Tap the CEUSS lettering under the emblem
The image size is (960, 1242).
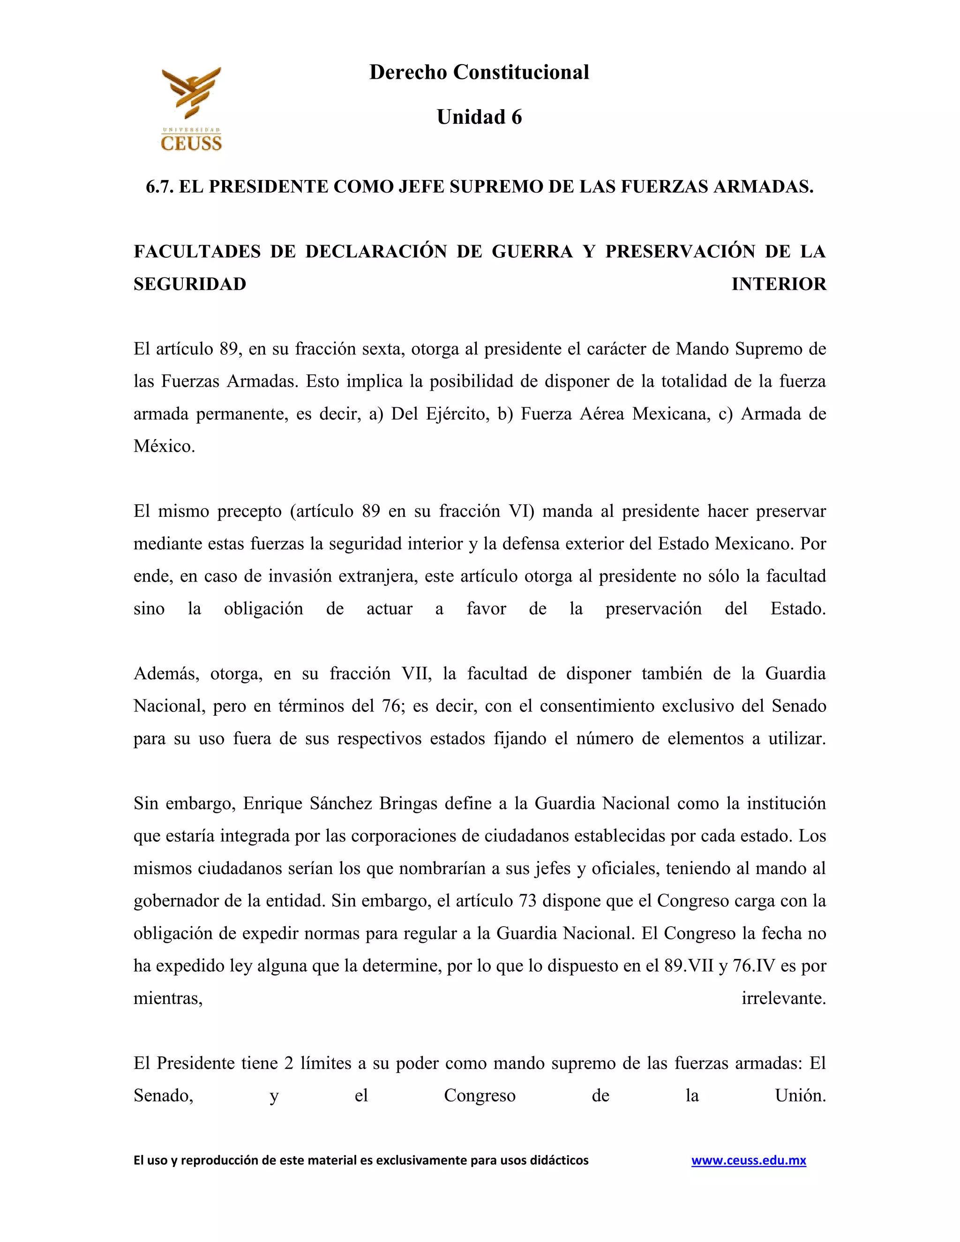[x=191, y=143]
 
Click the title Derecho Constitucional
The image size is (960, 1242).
[x=479, y=72]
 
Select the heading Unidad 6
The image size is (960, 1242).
[x=479, y=117]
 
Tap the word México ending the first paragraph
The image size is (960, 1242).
[x=164, y=446]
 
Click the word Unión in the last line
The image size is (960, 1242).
[x=800, y=1096]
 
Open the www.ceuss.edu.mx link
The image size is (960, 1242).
[x=749, y=1160]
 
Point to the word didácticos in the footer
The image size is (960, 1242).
[x=559, y=1160]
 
